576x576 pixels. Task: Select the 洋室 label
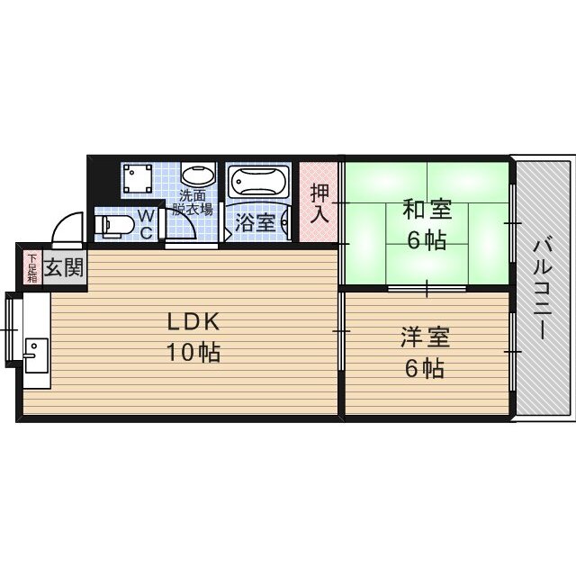click(425, 338)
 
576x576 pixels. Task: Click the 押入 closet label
click(319, 203)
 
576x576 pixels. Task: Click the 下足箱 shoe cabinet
click(31, 268)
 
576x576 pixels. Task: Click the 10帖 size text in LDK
click(192, 352)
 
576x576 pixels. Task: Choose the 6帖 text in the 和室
click(426, 241)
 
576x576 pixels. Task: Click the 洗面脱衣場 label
click(194, 202)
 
